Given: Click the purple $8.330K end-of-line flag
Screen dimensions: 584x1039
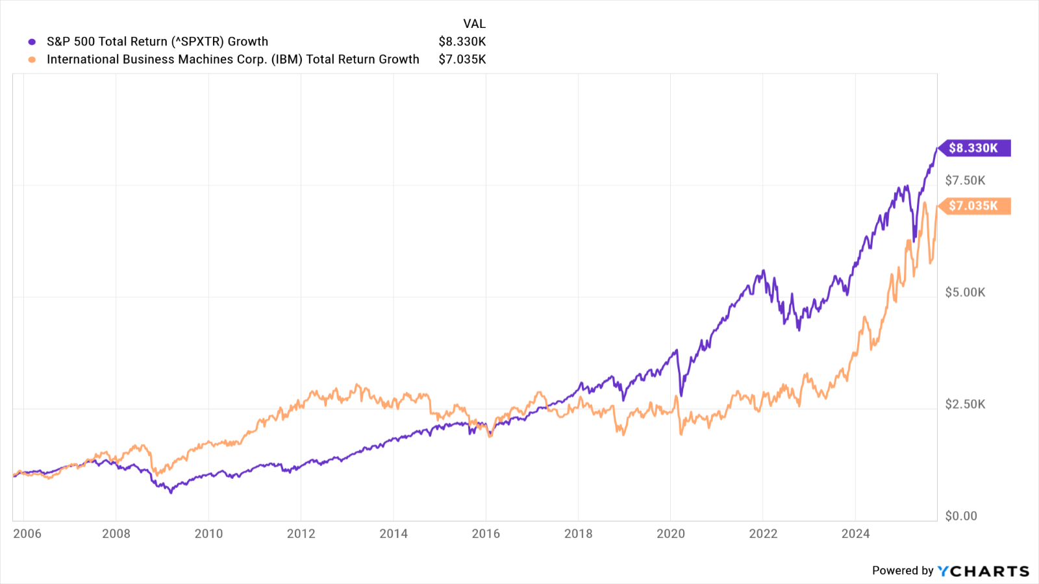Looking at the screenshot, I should [973, 148].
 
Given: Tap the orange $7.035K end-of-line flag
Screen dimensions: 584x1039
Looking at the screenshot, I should [973, 206].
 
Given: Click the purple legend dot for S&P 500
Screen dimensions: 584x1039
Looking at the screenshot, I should [32, 42].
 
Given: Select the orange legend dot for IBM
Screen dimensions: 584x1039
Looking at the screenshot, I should [32, 60].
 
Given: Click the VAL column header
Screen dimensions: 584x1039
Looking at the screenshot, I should [474, 23].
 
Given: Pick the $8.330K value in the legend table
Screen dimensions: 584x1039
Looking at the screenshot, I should [462, 42].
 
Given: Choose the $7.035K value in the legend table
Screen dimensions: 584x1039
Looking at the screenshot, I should [462, 60].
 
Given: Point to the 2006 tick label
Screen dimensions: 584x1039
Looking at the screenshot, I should [27, 533].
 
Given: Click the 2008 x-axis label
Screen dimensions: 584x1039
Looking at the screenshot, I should [116, 533].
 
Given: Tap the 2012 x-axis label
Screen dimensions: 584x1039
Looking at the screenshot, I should [301, 533].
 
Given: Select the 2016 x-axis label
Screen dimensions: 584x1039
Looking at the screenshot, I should [486, 533].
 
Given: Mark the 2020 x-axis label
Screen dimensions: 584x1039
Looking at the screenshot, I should [671, 533].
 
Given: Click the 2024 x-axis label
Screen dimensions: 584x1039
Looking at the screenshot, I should [855, 533].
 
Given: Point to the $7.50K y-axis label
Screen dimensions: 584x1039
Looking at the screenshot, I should [965, 180].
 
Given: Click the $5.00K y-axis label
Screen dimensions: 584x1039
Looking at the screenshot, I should [965, 292].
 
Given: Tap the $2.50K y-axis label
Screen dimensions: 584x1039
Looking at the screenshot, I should [965, 404].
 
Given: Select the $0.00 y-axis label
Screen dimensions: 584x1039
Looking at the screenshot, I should [961, 516].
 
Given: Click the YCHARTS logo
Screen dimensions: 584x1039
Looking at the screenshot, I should [983, 571].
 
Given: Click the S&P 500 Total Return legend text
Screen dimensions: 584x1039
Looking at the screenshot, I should [157, 42].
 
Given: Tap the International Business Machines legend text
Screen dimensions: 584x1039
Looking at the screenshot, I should [233, 60].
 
